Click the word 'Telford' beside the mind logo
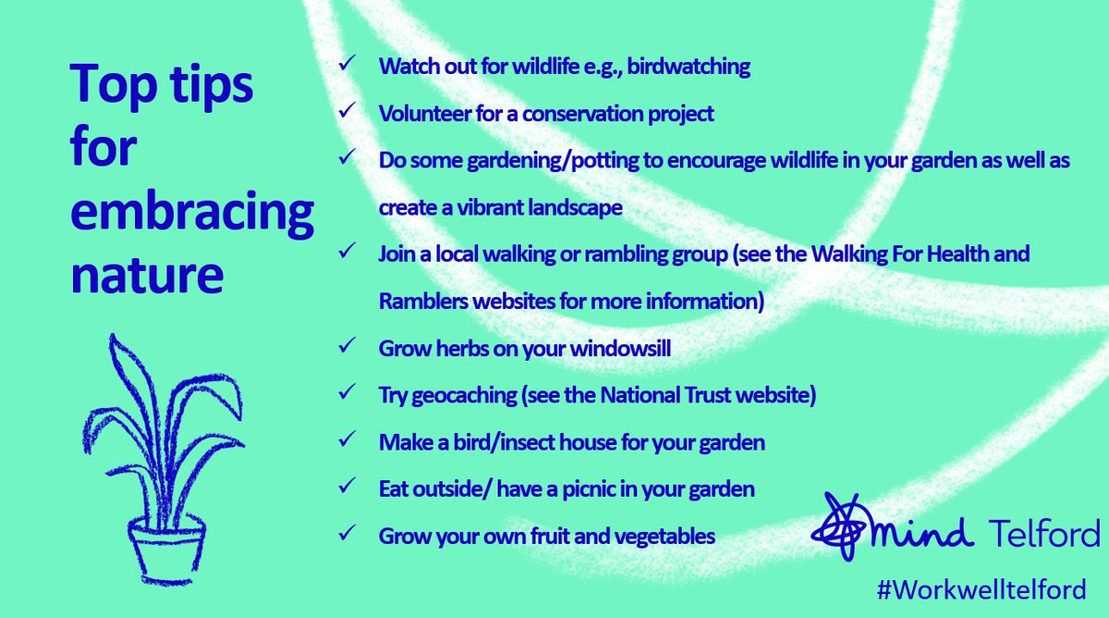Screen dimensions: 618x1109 tap(1042, 534)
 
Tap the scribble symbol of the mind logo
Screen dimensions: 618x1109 tap(839, 524)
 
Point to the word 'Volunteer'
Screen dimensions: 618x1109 tap(421, 113)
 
